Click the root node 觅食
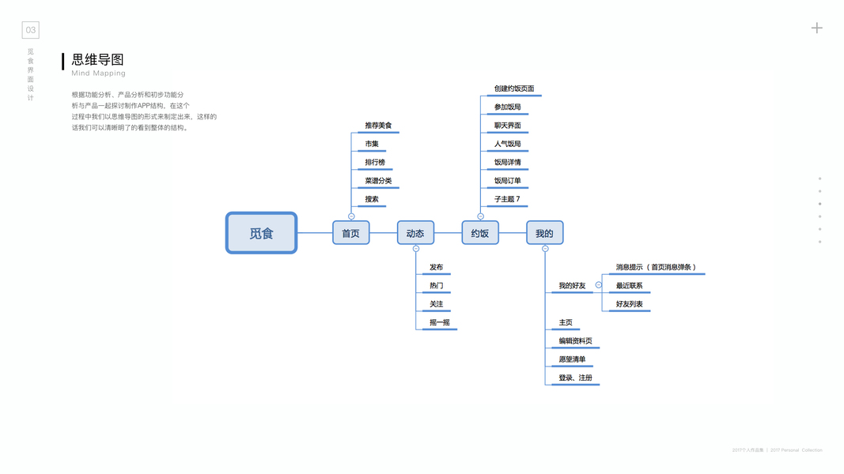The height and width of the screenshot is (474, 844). click(261, 233)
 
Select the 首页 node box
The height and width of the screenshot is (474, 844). click(350, 233)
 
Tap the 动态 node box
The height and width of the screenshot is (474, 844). click(415, 233)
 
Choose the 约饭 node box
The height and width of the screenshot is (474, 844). click(480, 233)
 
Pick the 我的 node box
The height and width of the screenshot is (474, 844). click(544, 233)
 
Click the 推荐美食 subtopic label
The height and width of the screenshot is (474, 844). click(378, 126)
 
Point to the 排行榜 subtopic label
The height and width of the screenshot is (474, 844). click(375, 163)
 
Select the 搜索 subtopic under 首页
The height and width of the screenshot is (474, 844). click(372, 199)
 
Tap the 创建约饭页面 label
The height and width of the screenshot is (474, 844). click(514, 88)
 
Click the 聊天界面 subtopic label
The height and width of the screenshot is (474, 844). click(508, 126)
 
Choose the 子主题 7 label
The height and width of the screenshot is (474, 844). click(508, 199)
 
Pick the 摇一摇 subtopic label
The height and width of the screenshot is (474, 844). click(440, 322)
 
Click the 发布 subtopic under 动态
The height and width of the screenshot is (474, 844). click(437, 267)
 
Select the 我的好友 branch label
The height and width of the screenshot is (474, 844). click(572, 285)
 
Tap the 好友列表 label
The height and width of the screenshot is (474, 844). click(630, 304)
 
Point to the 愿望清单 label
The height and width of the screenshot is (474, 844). click(572, 359)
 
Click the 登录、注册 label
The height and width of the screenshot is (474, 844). click(575, 378)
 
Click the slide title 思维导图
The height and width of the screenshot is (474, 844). click(98, 60)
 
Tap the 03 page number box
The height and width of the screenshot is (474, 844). click(30, 30)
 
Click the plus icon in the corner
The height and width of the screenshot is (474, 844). click(817, 28)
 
